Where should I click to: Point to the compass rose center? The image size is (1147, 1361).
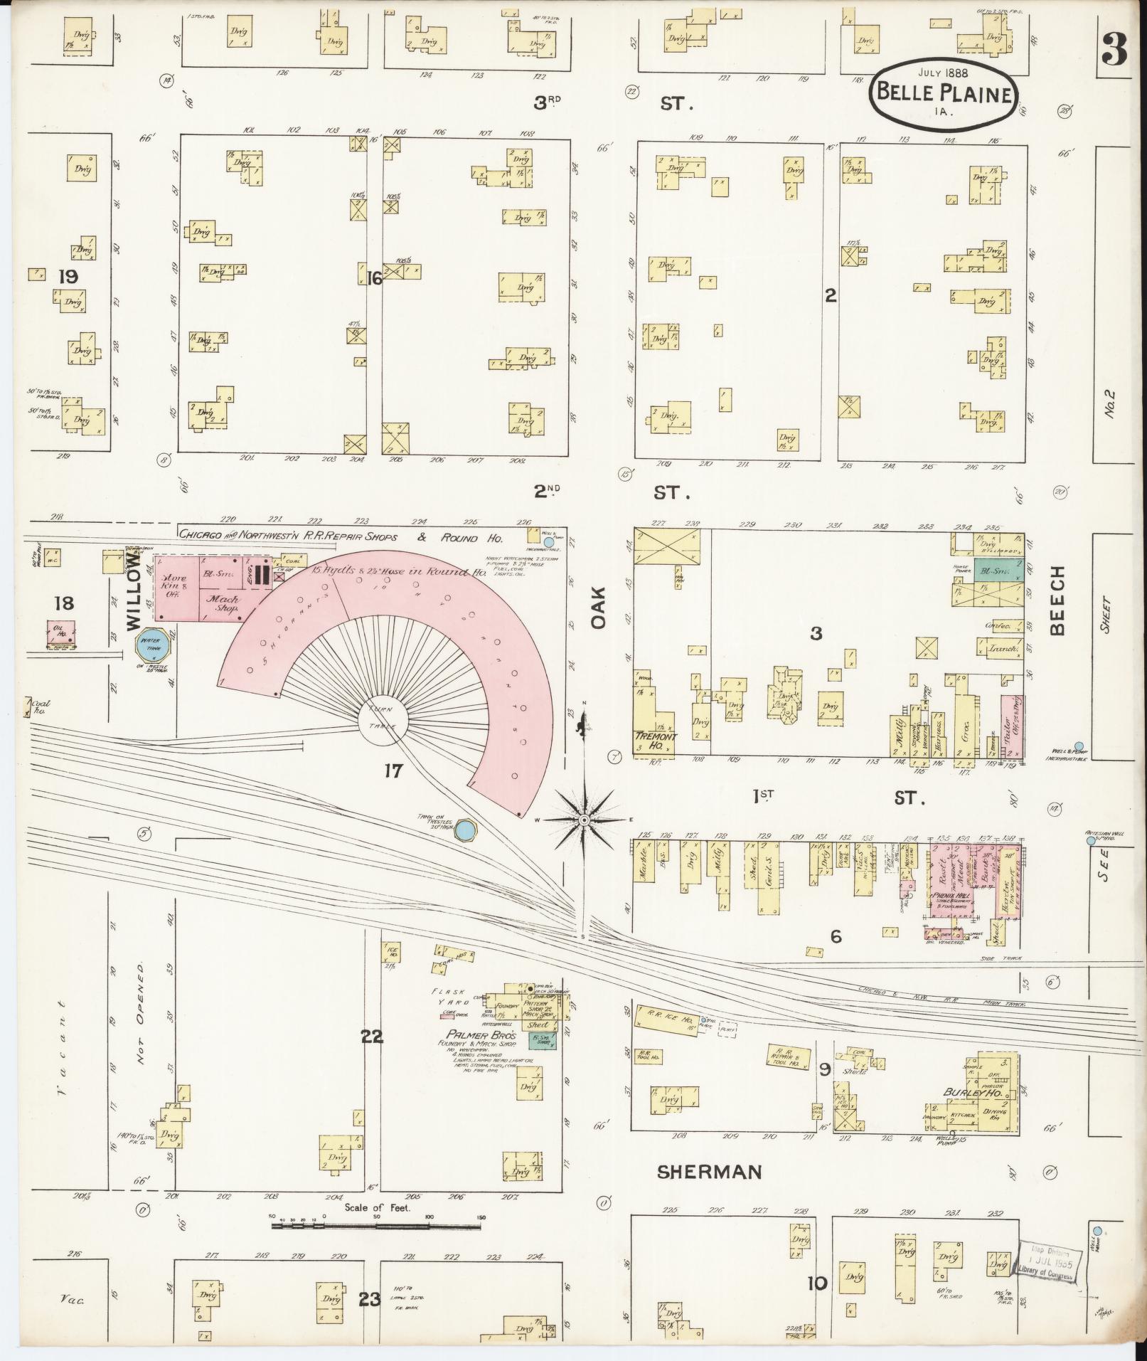coord(584,820)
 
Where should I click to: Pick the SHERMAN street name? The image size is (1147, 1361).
coord(709,1172)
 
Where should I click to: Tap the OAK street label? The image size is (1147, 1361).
coord(597,608)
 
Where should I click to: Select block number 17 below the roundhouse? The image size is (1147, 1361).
coord(393,770)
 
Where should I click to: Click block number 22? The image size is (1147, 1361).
coord(372,1036)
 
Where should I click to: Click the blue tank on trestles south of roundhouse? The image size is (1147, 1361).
coord(464,829)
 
